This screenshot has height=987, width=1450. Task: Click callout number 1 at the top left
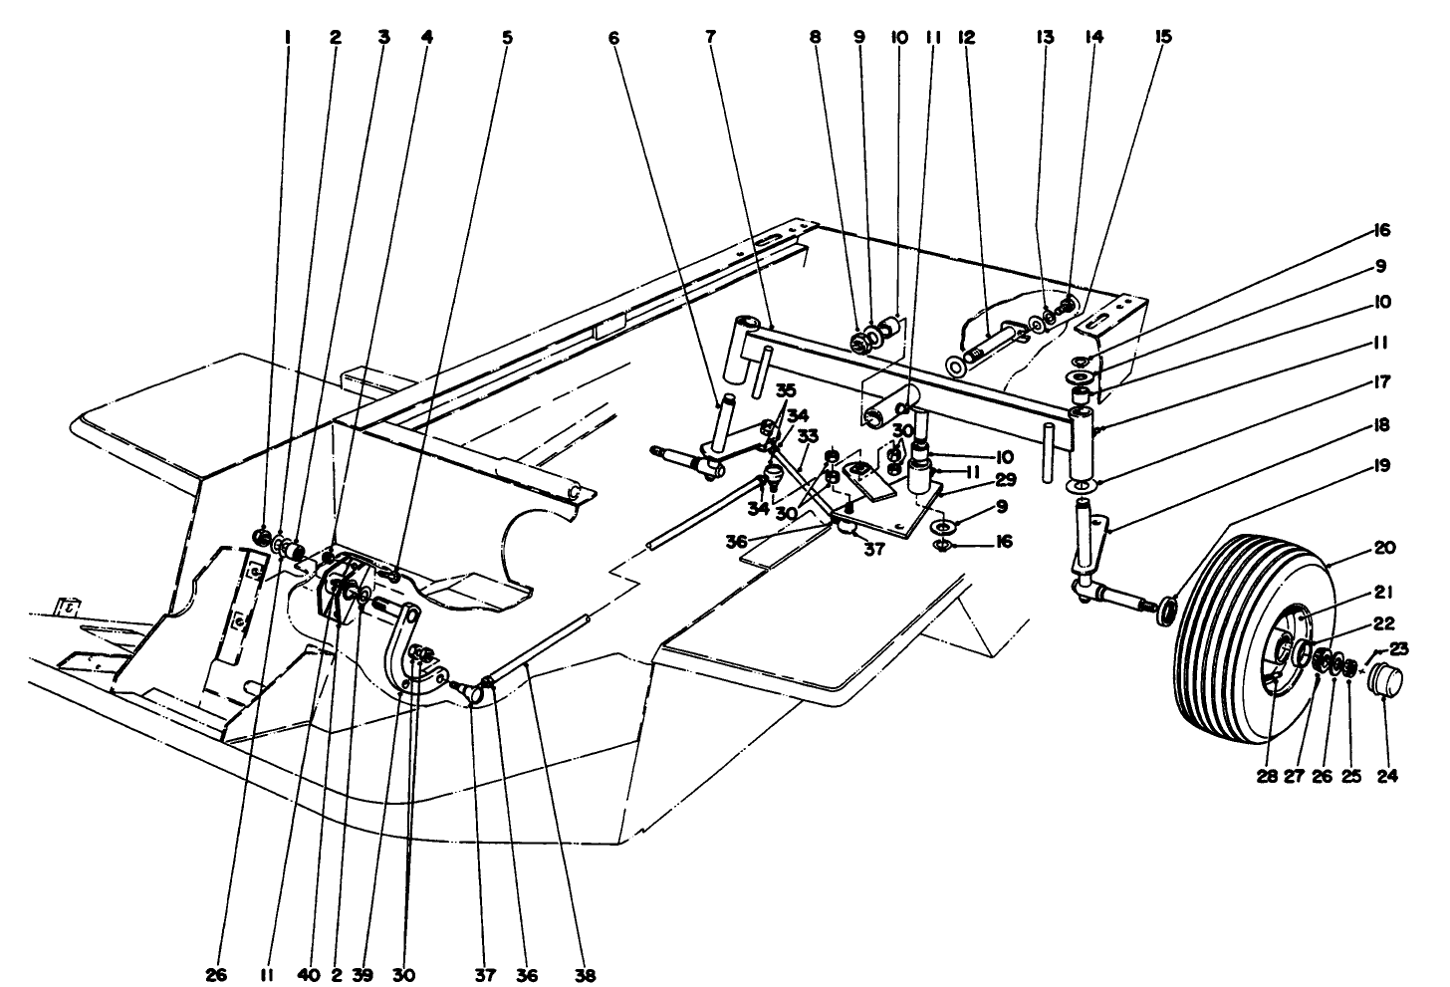(x=287, y=38)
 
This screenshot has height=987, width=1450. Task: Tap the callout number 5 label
(x=507, y=38)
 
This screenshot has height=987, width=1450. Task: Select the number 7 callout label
(x=710, y=38)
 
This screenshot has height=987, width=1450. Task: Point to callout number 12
(x=965, y=38)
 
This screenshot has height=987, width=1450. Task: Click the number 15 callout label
(x=1163, y=38)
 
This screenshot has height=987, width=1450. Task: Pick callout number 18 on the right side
(x=1383, y=425)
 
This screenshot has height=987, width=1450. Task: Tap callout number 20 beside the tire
(x=1383, y=548)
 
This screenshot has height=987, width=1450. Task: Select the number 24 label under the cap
(x=1385, y=776)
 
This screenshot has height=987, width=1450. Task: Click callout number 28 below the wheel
(x=1267, y=776)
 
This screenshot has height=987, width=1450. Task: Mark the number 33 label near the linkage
(x=807, y=435)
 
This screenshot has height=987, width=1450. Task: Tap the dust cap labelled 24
(x=1383, y=686)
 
